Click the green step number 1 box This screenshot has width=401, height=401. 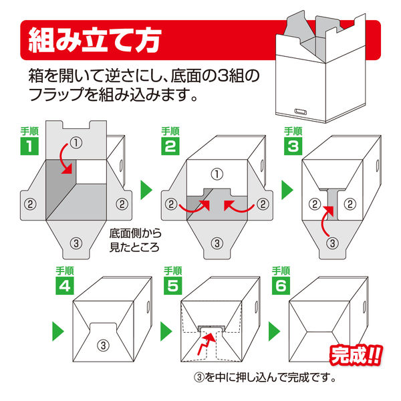[29, 146]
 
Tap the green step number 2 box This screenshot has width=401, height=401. [170, 146]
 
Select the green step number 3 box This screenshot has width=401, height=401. [293, 146]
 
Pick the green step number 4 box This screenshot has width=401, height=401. [65, 285]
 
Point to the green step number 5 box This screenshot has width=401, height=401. [173, 285]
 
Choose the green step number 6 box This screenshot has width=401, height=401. [281, 285]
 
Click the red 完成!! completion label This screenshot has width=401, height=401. [356, 355]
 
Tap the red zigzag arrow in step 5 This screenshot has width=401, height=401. [206, 344]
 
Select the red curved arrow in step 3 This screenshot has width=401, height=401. [324, 220]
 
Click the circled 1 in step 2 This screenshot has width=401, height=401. [217, 174]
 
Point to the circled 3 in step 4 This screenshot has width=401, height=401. [104, 346]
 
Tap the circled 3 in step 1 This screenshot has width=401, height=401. [76, 243]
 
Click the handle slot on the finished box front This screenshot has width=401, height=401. [301, 112]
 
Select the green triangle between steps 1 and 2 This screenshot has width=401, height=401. [146, 190]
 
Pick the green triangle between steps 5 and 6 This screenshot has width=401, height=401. [275, 331]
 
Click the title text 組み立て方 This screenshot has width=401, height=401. [95, 40]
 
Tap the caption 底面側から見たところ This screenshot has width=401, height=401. [135, 240]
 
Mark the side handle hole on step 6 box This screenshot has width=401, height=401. [364, 307]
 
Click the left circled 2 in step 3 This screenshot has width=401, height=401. [315, 204]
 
